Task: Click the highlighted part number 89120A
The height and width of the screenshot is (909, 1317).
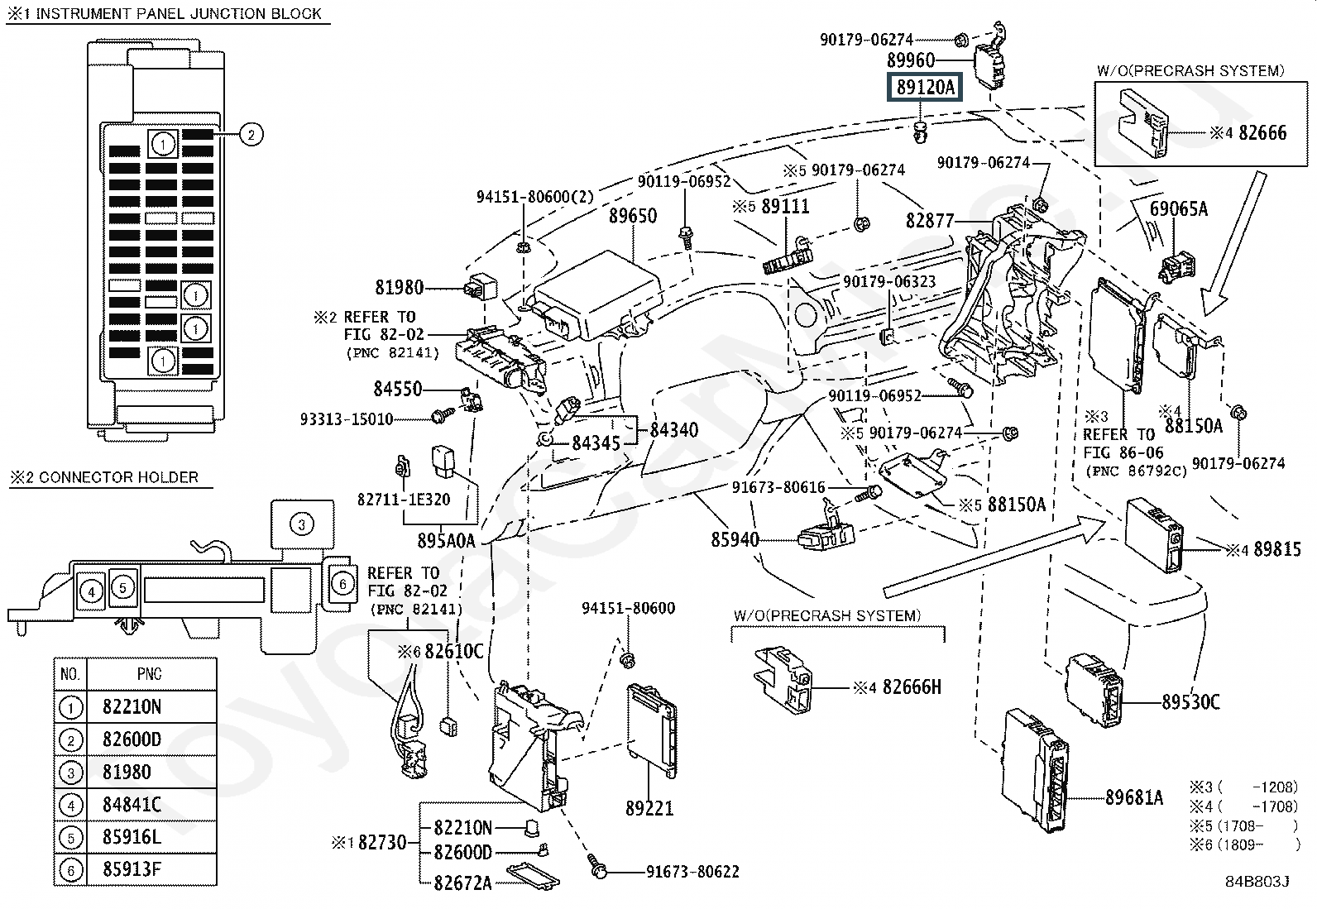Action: [925, 87]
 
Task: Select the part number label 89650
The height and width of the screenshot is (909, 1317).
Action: [633, 216]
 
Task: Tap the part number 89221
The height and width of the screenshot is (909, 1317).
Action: [649, 808]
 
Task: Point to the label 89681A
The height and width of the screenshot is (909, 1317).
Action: [1134, 797]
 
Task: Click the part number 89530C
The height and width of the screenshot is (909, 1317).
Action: [1190, 702]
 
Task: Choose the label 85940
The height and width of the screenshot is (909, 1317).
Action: [735, 540]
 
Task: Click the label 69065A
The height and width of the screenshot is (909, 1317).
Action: [1178, 209]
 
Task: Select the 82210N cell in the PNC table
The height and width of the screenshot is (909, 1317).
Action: [132, 707]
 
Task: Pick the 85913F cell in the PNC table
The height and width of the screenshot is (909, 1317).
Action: [132, 869]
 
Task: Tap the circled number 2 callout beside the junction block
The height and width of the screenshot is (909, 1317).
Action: [251, 134]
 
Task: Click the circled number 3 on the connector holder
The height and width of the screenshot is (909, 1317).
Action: [302, 524]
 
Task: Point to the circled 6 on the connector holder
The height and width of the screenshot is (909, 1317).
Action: [342, 584]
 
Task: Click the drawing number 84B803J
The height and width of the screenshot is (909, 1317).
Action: [1257, 882]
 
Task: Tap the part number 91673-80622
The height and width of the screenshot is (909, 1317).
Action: [692, 871]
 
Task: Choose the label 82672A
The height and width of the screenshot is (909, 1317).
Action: [462, 883]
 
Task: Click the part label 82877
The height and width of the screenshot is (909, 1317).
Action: [930, 221]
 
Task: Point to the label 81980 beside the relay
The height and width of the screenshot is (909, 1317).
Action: [399, 288]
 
